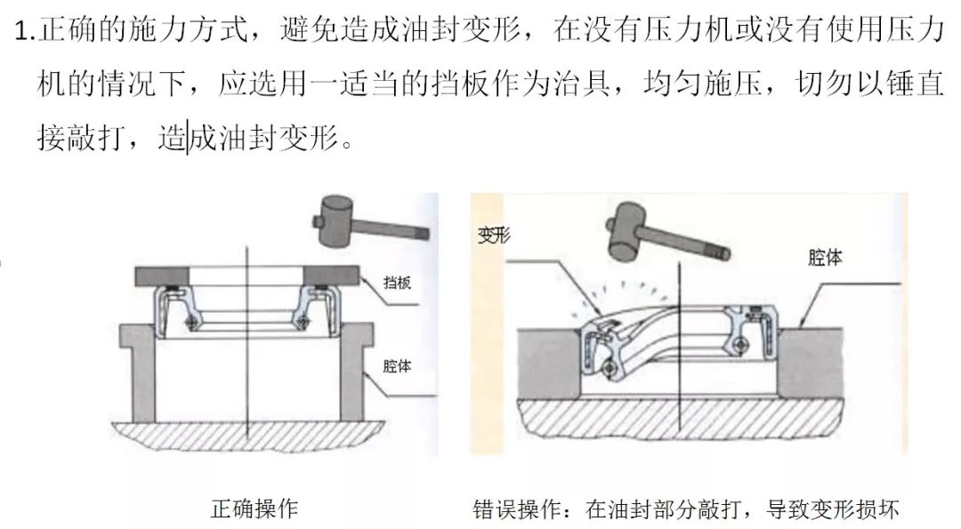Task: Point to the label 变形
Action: (x=491, y=236)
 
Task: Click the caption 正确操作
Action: (x=254, y=509)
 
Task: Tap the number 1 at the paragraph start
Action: (x=23, y=33)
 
